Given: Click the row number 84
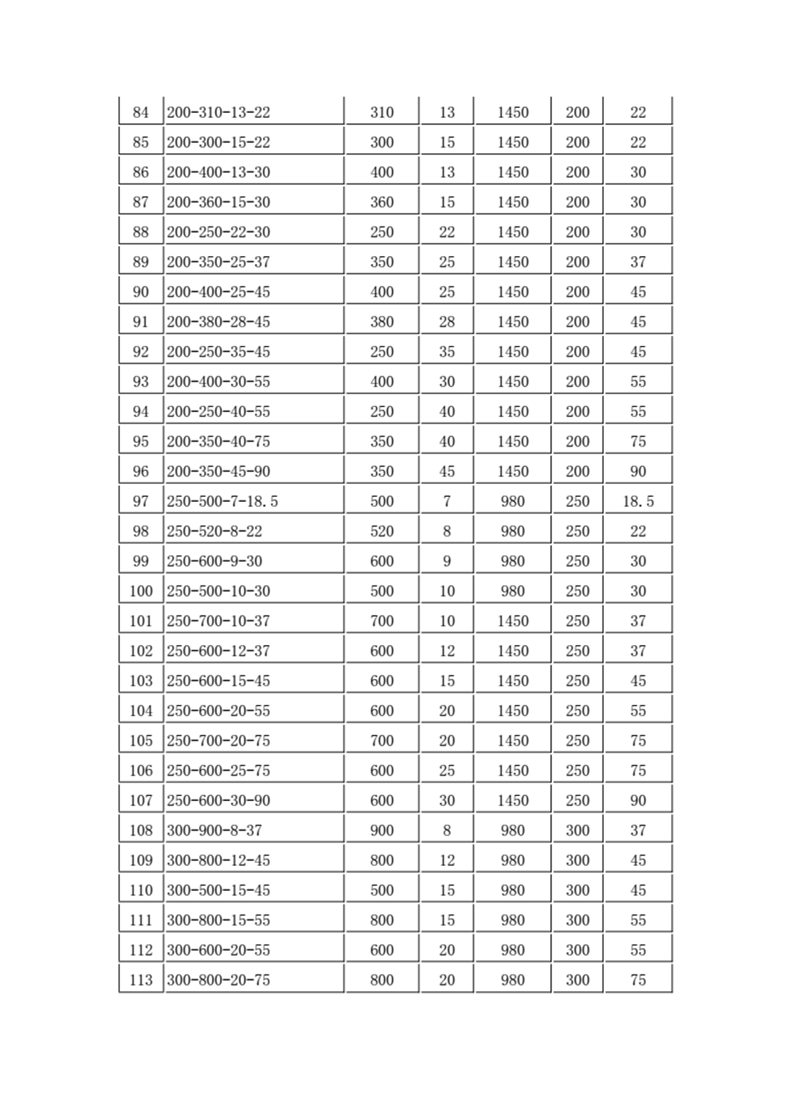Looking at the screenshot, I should tap(141, 112).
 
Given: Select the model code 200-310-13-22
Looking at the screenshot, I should tap(219, 112).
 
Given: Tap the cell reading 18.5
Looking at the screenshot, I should tap(638, 501).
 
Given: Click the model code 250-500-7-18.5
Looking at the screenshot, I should tap(222, 501).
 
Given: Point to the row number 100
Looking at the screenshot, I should tap(141, 591).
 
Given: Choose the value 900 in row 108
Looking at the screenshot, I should tap(382, 831).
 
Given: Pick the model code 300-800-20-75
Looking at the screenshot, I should tap(219, 980).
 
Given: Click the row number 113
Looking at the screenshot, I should tap(141, 980).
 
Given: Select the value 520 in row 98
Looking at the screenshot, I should tap(382, 531).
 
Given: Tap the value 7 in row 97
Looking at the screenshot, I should tap(447, 501).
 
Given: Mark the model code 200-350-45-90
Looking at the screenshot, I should tap(219, 472).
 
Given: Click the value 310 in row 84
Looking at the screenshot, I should tap(382, 112).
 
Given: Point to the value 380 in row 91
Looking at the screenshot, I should tap(382, 322).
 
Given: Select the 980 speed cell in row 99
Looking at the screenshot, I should tap(513, 562).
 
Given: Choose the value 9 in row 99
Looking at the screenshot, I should tap(447, 562).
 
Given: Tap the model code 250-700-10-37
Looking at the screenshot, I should tap(219, 621).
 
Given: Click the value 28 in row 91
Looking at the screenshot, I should tap(447, 322).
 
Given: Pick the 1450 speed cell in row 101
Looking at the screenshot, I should tap(513, 621).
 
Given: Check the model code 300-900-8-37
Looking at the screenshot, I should tap(214, 831).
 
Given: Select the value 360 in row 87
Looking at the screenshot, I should tap(382, 202).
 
